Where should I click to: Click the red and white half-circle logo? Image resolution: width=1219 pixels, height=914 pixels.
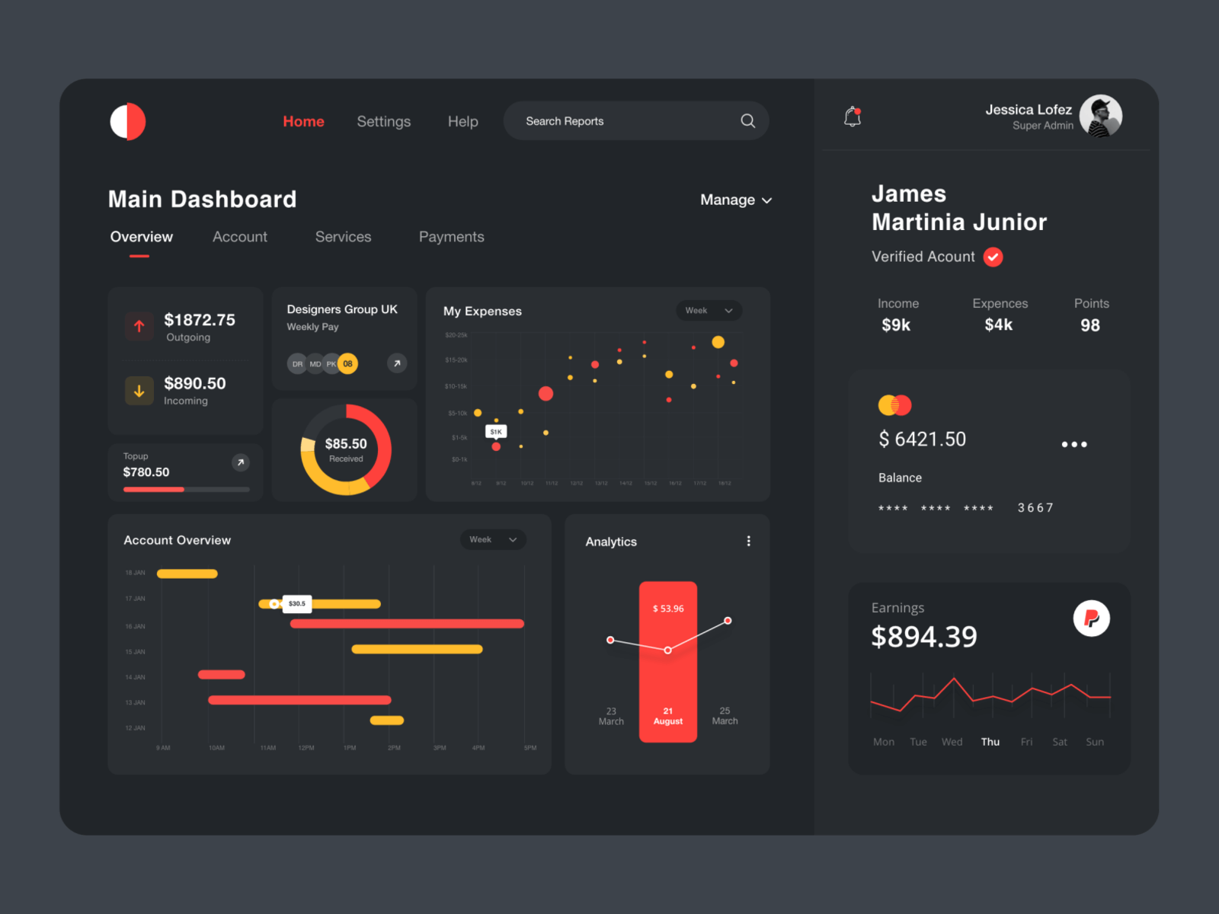tap(127, 121)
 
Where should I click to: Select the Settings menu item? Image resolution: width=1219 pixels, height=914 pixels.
tap(383, 122)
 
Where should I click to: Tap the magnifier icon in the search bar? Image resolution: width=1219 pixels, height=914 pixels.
tap(747, 121)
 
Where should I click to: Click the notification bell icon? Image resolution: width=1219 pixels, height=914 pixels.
tap(853, 117)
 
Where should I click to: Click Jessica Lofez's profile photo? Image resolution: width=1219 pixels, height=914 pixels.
tap(1100, 116)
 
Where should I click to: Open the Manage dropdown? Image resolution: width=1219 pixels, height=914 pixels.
tap(735, 200)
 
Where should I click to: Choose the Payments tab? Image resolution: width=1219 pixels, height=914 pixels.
tap(451, 237)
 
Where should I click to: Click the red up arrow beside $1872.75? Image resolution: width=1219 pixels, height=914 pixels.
tap(139, 326)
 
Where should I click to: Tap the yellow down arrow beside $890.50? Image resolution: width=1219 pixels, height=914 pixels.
tap(139, 391)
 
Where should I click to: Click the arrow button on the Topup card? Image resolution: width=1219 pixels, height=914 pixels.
tap(240, 462)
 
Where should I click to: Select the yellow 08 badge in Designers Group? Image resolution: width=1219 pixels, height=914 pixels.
tap(347, 364)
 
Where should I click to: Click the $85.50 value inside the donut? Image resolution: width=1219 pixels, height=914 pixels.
tap(346, 444)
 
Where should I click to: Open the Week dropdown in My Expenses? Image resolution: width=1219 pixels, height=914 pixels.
tap(708, 311)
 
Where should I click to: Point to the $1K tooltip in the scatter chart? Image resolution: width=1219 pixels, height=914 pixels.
tap(496, 432)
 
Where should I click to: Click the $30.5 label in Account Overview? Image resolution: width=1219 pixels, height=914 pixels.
tap(297, 604)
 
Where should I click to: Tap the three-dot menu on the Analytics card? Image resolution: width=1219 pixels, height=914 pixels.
tap(748, 541)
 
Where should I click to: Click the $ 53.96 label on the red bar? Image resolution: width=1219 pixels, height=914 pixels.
tap(667, 609)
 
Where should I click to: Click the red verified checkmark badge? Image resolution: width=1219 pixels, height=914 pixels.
tap(993, 257)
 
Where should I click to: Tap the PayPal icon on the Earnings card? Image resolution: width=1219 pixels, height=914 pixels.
tap(1091, 618)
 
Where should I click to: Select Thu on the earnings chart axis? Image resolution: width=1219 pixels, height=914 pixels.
tap(990, 742)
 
